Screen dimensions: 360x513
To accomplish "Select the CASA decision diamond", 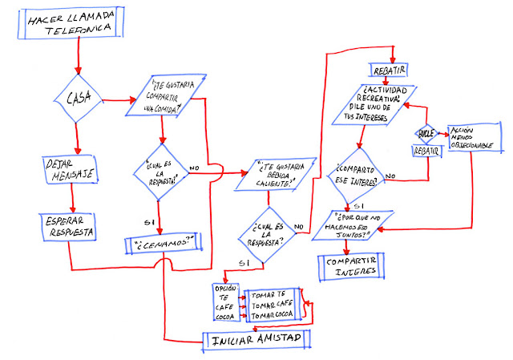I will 78,100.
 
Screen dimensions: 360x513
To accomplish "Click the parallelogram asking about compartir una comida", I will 166,96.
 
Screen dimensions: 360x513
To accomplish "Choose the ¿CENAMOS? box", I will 164,244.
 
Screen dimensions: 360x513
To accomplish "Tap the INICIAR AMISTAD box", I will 255,338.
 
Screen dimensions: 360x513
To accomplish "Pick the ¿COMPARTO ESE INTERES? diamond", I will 355,174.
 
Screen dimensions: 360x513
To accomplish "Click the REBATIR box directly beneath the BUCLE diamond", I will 425,150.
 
